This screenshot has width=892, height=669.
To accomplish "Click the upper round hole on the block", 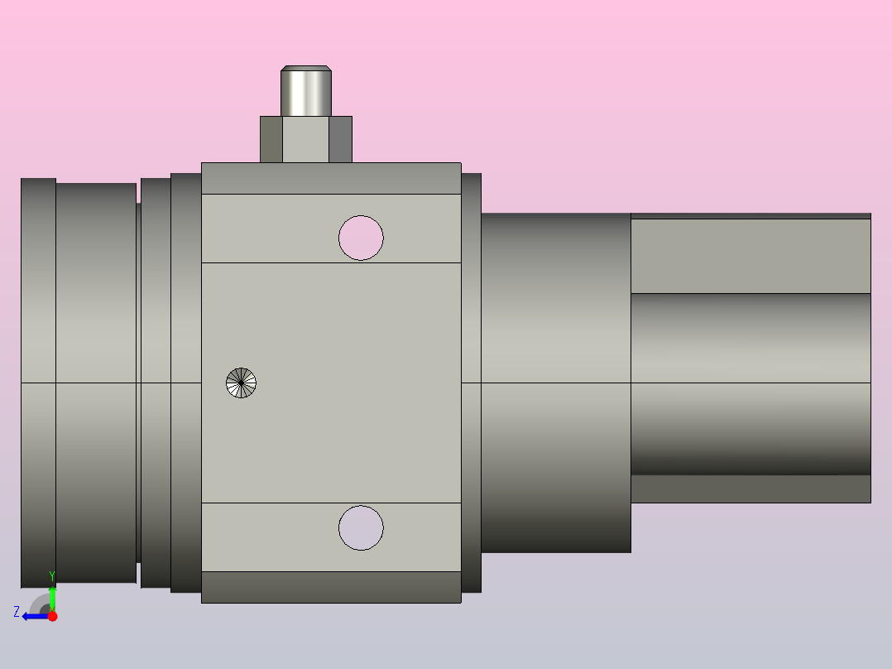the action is point(361,238).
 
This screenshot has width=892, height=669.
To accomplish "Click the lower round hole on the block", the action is point(361,527).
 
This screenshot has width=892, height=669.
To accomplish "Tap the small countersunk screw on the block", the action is point(242,383).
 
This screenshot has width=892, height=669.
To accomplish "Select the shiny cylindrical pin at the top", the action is point(306,91).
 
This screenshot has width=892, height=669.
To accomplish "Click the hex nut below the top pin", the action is point(306,139).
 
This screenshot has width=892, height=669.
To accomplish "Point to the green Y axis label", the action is point(52,576).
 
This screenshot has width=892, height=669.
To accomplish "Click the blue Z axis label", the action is point(17,612).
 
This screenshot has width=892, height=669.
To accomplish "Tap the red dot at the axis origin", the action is point(52,616).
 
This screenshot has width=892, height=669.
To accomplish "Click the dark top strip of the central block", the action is point(331,178).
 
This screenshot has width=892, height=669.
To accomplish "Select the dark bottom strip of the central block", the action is point(331,587).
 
